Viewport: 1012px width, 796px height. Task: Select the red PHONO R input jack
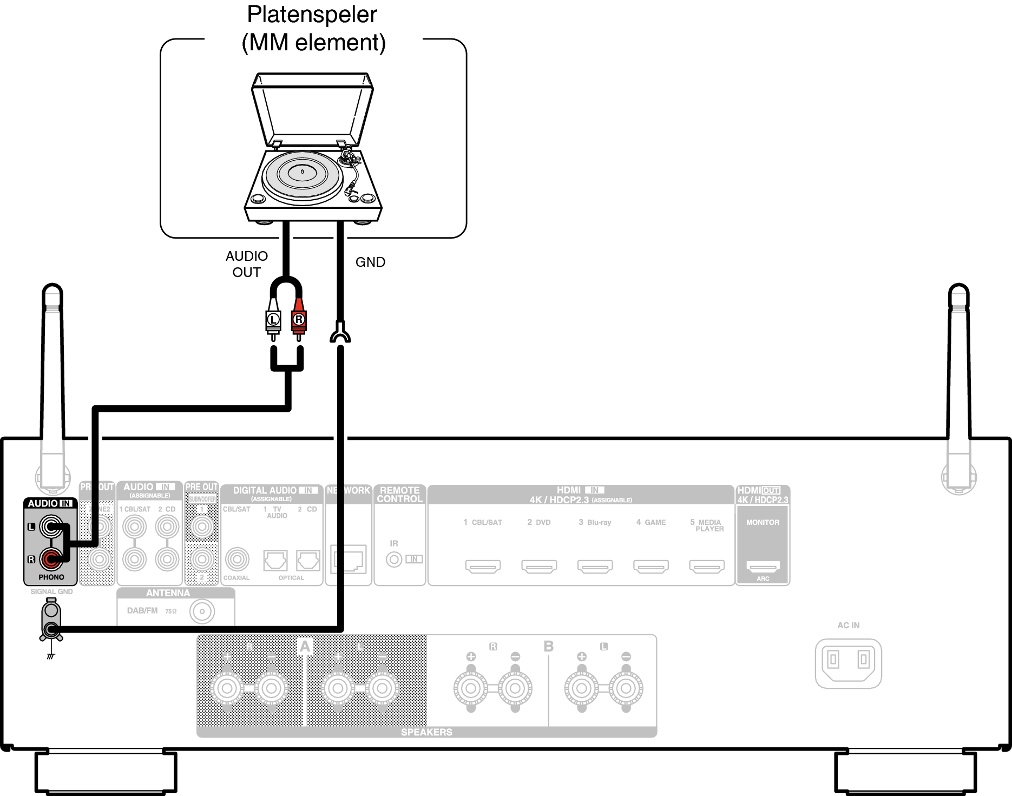(51, 559)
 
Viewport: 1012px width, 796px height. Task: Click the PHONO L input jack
(51, 527)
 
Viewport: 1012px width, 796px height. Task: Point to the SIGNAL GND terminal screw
(51, 629)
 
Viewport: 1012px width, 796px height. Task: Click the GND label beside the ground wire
(370, 262)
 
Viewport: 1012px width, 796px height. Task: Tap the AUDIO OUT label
(247, 264)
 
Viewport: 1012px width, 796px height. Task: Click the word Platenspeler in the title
(312, 15)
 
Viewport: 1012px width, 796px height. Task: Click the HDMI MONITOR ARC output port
(763, 566)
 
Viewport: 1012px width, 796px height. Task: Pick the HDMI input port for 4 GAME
(651, 566)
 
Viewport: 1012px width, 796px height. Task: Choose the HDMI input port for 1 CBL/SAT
(483, 566)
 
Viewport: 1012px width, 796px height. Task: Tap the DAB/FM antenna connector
(202, 612)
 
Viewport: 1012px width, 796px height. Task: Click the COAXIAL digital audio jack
(237, 560)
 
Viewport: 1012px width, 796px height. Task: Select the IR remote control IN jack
(394, 560)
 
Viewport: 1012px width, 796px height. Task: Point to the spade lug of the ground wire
(340, 333)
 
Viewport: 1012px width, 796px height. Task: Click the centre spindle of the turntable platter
(302, 172)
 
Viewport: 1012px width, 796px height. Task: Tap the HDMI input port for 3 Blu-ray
(595, 566)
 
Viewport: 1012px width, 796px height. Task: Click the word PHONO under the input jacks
(51, 577)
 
